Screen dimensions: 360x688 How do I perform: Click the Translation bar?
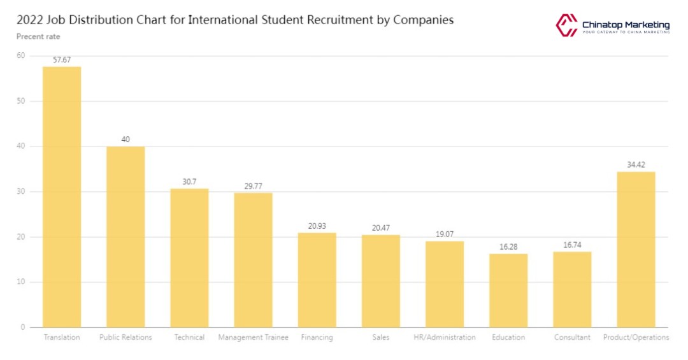(62, 197)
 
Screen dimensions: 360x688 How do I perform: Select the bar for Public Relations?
(125, 237)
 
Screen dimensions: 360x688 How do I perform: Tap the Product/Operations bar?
(636, 249)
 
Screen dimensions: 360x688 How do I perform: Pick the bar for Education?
(508, 291)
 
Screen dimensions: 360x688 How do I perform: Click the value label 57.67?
(62, 60)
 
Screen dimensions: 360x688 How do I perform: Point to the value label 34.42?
(636, 164)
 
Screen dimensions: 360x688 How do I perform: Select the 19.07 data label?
(445, 234)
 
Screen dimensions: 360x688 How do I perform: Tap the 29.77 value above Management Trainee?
(253, 186)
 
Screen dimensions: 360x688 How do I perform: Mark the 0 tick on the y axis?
(23, 328)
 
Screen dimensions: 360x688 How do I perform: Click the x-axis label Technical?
(189, 337)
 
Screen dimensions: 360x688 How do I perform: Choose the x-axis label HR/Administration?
(445, 337)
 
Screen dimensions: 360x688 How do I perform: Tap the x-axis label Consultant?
(572, 337)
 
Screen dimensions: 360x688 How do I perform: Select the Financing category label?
(317, 337)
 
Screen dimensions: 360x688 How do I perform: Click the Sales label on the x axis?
(380, 337)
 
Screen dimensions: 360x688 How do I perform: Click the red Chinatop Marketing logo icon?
(566, 25)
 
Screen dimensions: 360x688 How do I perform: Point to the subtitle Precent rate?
(38, 36)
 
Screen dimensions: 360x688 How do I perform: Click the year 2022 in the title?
(30, 20)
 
